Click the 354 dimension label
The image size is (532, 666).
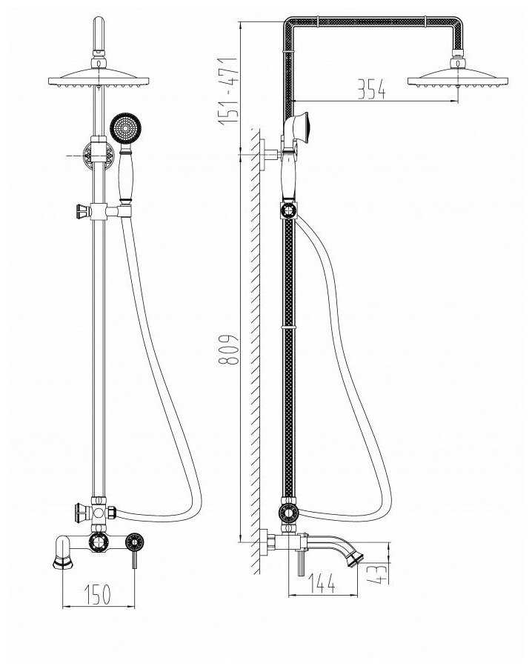coord(371,89)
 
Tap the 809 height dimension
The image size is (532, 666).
coord(227,350)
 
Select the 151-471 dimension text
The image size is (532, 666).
coord(227,91)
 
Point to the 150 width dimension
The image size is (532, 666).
coord(97,594)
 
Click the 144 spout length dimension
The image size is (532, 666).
coord(322,583)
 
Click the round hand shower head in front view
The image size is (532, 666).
coord(125,128)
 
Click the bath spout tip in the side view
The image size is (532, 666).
coord(355,558)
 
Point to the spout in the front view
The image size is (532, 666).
coord(63,552)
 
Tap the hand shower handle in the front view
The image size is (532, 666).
coord(125,173)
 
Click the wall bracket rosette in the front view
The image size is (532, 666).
coord(98,156)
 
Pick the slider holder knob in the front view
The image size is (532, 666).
coord(82,211)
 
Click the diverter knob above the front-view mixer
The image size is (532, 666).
coord(82,512)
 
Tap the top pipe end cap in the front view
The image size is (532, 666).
coord(99,33)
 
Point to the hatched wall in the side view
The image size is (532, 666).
coord(255,351)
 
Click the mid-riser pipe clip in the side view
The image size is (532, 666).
coord(288,327)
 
